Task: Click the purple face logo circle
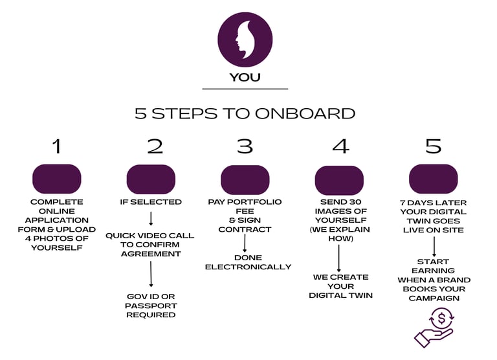(x=245, y=39)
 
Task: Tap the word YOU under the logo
(x=245, y=78)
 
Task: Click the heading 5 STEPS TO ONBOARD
(x=245, y=113)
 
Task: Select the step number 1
(x=57, y=146)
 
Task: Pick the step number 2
(x=155, y=146)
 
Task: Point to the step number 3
(x=245, y=146)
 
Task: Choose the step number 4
(x=340, y=146)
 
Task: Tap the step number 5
(x=434, y=146)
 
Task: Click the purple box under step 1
(x=57, y=179)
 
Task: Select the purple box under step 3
(x=245, y=179)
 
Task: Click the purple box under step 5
(x=434, y=179)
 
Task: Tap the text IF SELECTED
(x=151, y=202)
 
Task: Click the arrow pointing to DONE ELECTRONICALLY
(x=245, y=244)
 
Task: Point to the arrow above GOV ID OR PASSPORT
(x=151, y=275)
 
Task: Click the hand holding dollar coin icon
(x=434, y=327)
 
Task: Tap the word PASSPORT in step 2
(x=151, y=306)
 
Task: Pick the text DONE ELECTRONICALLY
(x=248, y=262)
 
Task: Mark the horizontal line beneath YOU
(x=245, y=89)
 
